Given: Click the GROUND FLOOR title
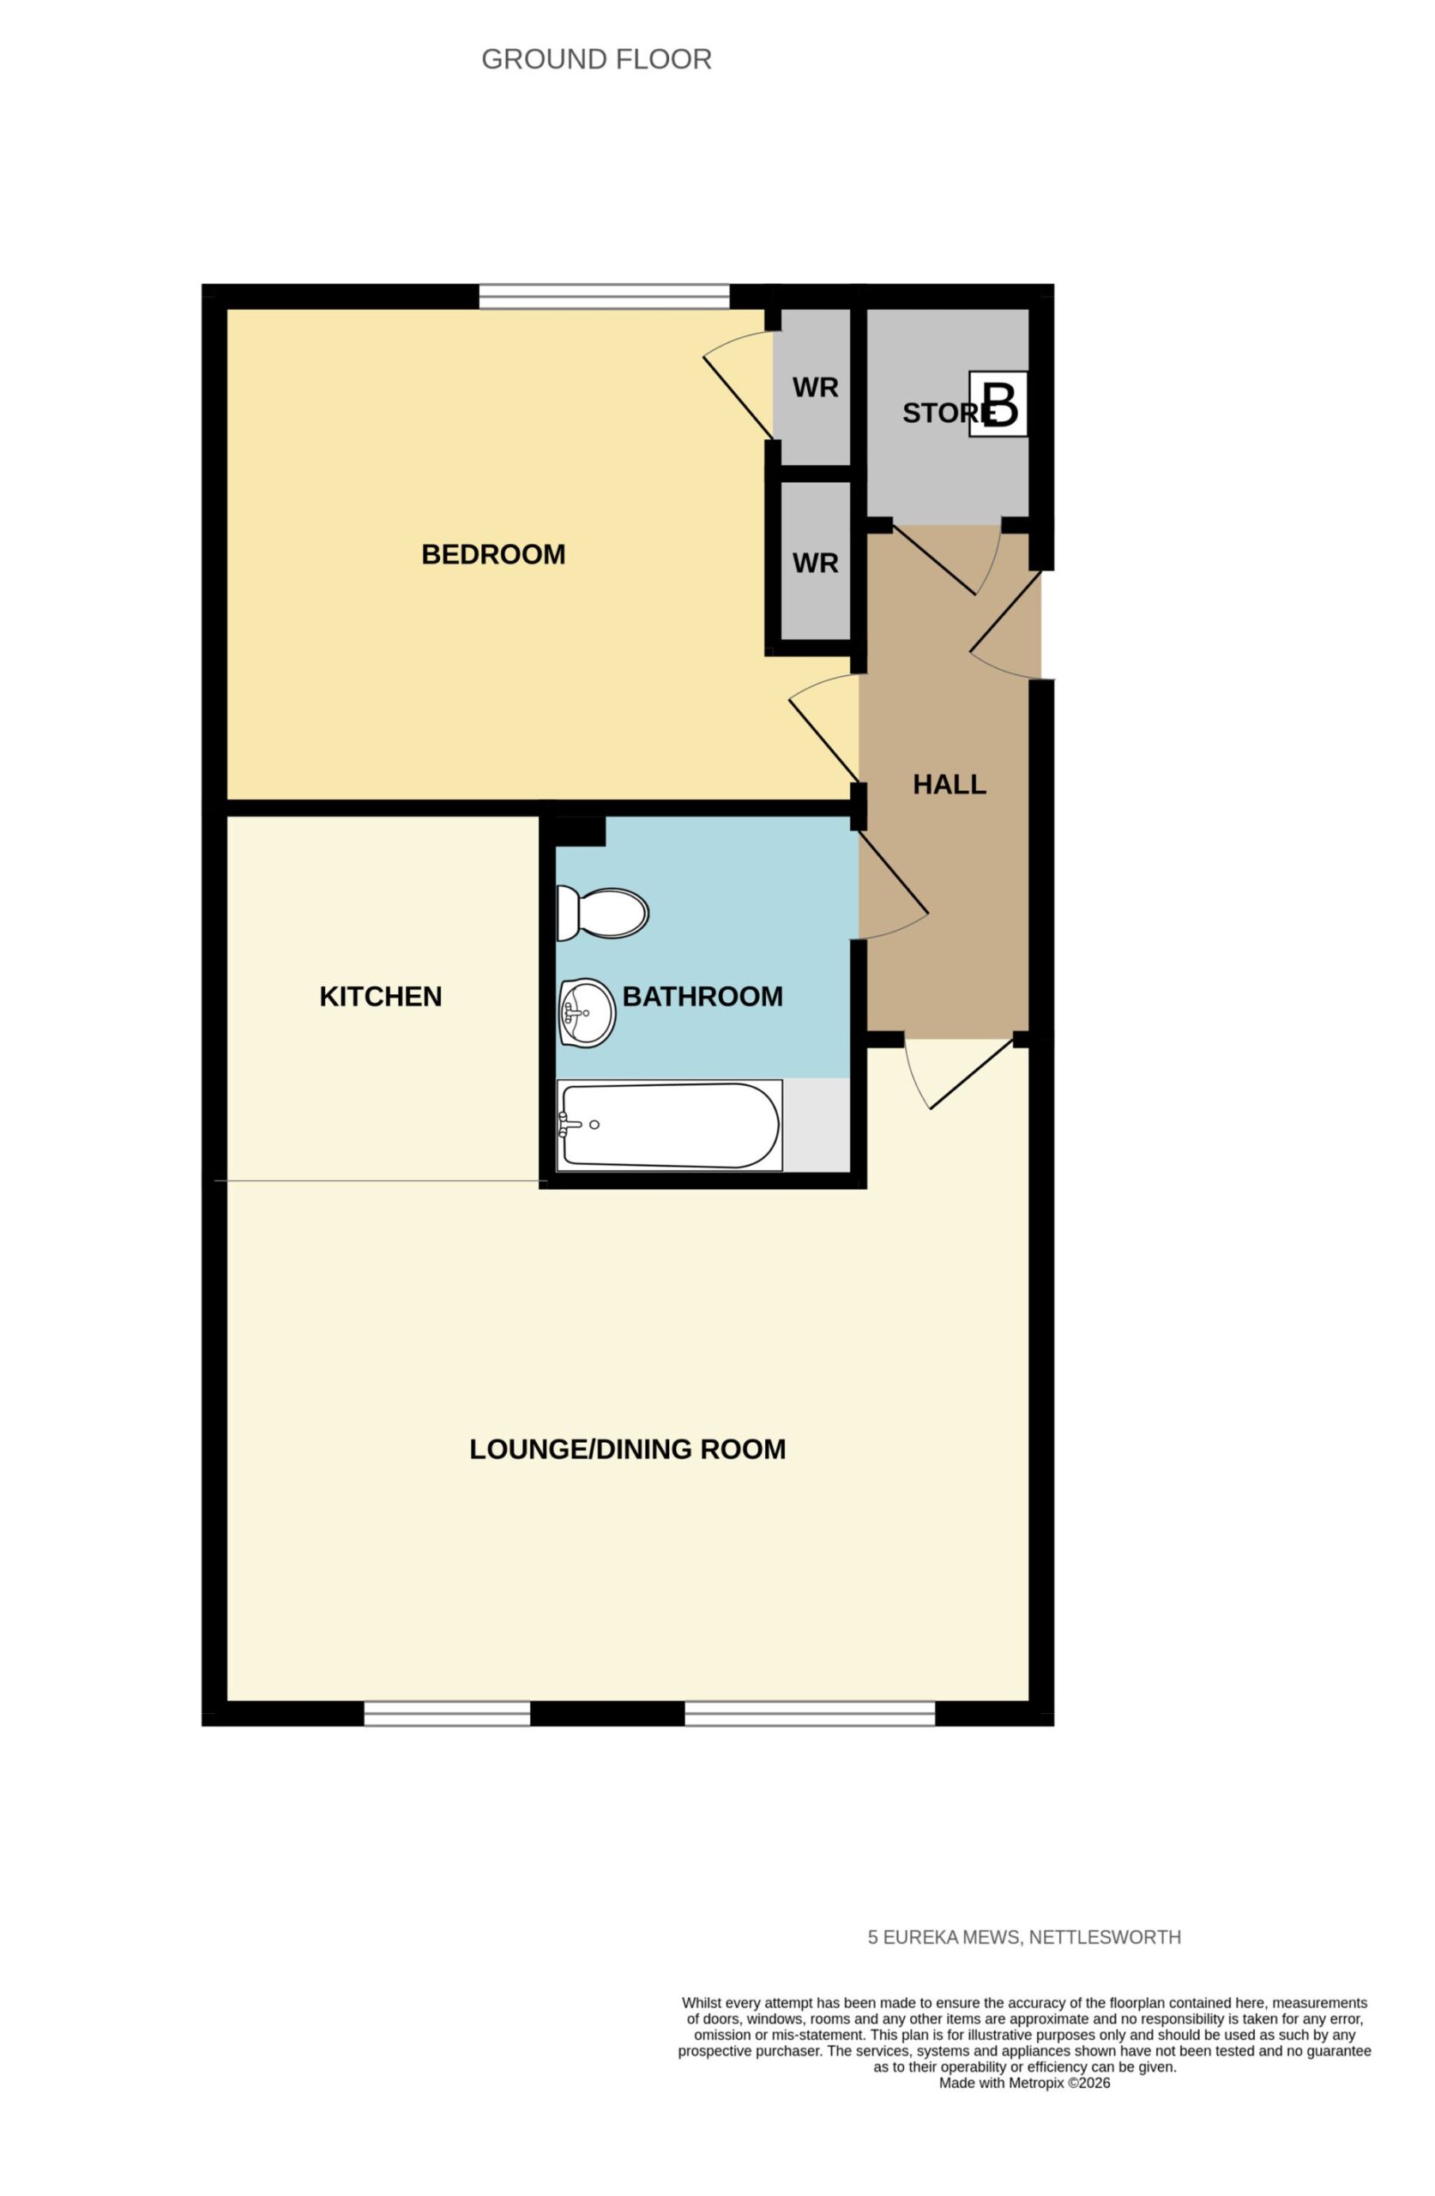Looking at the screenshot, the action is point(596,59).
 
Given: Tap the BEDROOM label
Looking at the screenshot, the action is point(493,553).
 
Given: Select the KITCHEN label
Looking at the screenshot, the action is point(380,996).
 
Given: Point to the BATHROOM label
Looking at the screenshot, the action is point(702,996).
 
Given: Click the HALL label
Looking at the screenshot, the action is point(949,783).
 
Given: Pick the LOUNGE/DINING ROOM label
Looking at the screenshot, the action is point(628,1449).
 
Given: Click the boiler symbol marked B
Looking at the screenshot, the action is point(998,403).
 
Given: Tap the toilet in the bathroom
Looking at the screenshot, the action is point(601,913).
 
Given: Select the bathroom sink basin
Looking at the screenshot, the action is point(586,1012).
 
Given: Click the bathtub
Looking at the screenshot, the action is point(669,1125).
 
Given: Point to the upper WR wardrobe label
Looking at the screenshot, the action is point(815,388).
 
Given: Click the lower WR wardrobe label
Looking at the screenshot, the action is point(815,563).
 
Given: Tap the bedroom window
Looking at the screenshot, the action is point(605,296).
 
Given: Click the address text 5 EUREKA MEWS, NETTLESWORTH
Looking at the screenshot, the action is point(1023,1937).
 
